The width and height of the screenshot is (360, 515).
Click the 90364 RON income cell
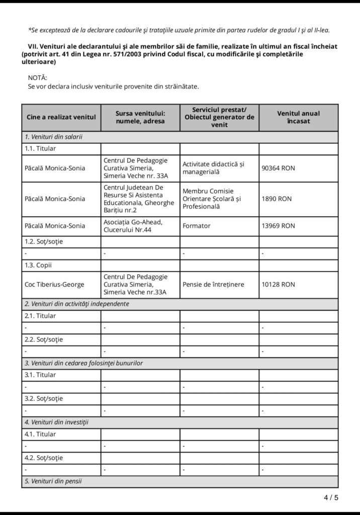pyautogui.click(x=278, y=168)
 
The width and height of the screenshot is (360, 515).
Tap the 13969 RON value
pyautogui.click(x=278, y=226)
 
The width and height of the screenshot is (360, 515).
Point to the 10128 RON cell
pyautogui.click(x=278, y=285)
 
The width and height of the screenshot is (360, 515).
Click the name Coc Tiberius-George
pyautogui.click(x=54, y=285)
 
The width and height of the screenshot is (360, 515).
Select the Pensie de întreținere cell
pyautogui.click(x=213, y=285)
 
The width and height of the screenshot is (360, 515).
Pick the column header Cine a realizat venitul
pyautogui.click(x=61, y=117)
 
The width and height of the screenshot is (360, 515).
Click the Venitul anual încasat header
pyautogui.click(x=298, y=117)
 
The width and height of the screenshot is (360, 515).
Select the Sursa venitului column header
pyautogui.click(x=140, y=117)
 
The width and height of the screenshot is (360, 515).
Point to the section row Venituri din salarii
pyautogui.click(x=54, y=137)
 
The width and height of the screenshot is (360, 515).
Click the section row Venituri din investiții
pyautogui.click(x=56, y=422)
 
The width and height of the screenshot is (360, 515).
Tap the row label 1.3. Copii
pyautogui.click(x=38, y=265)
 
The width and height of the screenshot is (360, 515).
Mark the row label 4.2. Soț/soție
pyautogui.click(x=44, y=458)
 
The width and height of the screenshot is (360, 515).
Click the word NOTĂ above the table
pyautogui.click(x=38, y=77)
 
